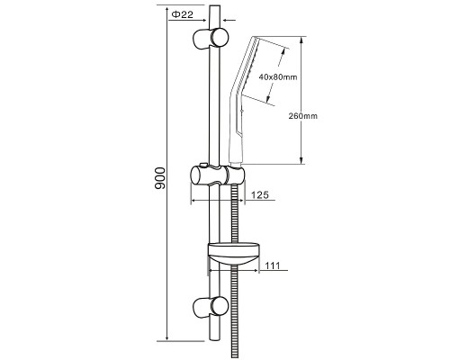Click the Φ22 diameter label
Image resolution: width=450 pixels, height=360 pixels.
184,14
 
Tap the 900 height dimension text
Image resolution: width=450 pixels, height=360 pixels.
160,178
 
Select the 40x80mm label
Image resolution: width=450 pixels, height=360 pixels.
278,77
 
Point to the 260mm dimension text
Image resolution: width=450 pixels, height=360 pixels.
303,116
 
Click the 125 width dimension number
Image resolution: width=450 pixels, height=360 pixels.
259,195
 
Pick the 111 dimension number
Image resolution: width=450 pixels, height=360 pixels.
273,265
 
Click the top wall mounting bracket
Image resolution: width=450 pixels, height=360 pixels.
211,38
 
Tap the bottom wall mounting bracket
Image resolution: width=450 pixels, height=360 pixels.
211,307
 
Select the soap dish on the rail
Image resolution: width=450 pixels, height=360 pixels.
233,255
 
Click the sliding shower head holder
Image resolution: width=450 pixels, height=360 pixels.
218,175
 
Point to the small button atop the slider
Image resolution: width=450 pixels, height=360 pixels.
203,165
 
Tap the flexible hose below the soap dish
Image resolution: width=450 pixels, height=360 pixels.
235,312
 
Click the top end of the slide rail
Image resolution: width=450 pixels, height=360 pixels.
214,5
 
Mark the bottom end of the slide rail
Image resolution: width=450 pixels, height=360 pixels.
214,339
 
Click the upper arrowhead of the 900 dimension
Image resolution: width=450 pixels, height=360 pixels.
166,9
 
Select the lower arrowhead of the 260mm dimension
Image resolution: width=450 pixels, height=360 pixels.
301,160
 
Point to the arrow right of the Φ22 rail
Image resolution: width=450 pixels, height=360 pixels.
230,21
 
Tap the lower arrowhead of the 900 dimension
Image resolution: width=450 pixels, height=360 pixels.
166,337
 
